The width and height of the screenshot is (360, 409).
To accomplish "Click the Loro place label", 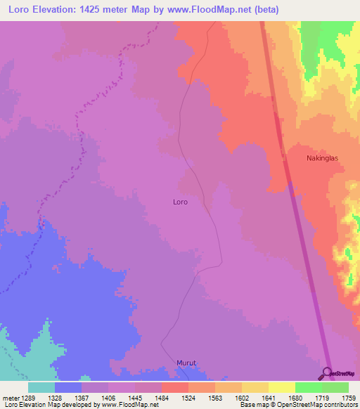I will [180, 202].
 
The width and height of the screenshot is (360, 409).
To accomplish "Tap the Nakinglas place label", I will [322, 158].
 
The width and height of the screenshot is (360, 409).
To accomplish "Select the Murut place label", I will [185, 363].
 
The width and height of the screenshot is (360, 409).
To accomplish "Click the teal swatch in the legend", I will [41, 387].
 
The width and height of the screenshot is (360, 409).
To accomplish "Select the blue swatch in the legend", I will [68, 387].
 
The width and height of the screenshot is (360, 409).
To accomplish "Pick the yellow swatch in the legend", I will [281, 387].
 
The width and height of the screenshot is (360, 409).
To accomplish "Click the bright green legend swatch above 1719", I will [308, 387].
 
